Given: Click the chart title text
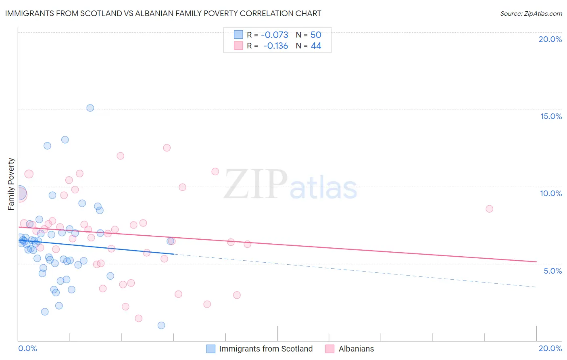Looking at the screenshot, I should click(163, 13).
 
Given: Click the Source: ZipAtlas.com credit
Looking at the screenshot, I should click(531, 14).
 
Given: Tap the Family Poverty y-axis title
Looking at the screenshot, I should click(11, 184).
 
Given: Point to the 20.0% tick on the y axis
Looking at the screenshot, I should click(550, 39).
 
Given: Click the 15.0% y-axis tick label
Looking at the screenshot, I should click(551, 116).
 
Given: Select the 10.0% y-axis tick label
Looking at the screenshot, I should click(551, 193).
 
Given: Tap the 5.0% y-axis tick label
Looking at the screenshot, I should click(552, 271).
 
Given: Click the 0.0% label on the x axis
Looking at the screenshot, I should click(27, 348).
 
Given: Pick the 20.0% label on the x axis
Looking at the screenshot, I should click(550, 348).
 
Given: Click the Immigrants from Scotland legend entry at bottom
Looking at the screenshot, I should click(266, 349).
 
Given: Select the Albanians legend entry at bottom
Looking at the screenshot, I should click(356, 349).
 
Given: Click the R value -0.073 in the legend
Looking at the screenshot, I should click(275, 35).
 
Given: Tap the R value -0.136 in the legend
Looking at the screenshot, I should click(275, 46).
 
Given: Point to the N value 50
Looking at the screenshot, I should click(316, 35).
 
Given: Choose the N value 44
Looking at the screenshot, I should click(316, 46).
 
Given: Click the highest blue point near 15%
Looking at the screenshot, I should click(90, 108).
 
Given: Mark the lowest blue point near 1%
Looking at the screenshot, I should click(161, 325).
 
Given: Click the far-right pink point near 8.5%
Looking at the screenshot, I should click(490, 209).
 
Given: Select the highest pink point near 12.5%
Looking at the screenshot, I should click(167, 148).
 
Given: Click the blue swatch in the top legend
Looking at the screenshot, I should click(238, 35).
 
